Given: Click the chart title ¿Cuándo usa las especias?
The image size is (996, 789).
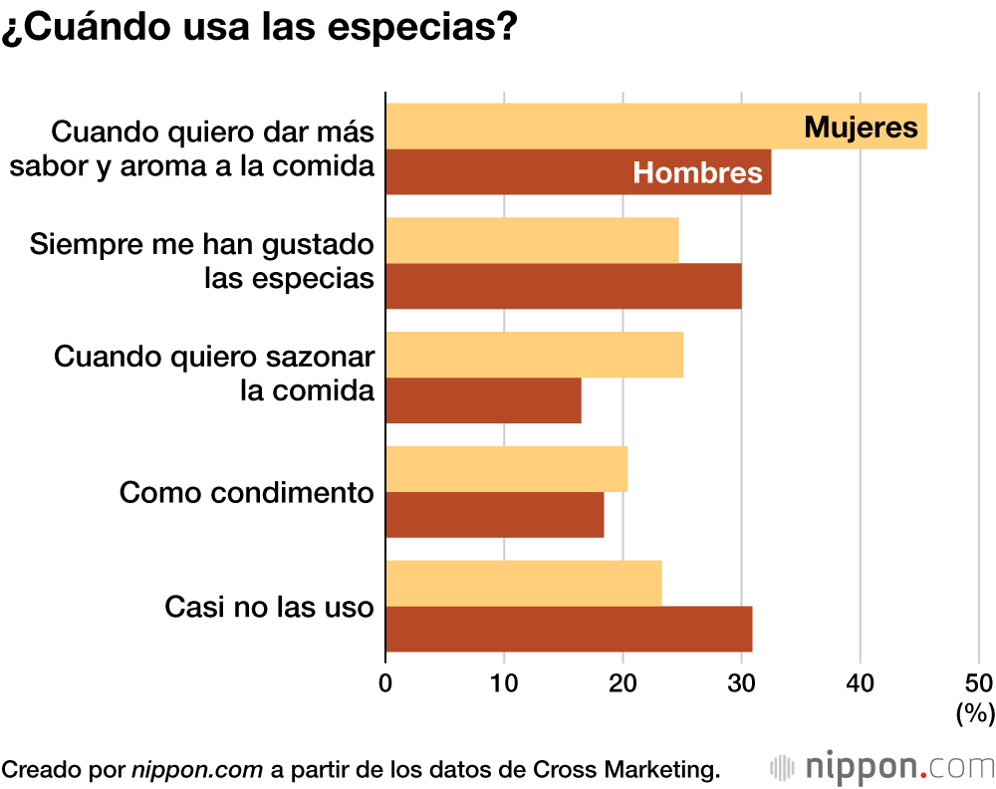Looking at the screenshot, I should [x=258, y=26].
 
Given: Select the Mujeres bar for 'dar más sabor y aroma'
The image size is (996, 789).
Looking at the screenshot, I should [x=598, y=127].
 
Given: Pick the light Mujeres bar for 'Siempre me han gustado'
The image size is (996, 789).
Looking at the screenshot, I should [x=532, y=240].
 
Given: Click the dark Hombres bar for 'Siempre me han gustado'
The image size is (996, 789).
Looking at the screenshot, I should [x=563, y=287].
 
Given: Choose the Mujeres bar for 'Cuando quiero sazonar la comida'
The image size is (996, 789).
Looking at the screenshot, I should [x=534, y=355].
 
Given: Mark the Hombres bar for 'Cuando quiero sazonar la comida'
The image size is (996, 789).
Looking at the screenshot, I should [x=483, y=400].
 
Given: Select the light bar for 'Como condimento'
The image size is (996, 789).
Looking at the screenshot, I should [x=506, y=469].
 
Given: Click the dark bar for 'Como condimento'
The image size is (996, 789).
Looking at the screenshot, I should [x=494, y=515].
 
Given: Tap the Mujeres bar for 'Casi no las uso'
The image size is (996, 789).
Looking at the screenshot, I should [x=523, y=584].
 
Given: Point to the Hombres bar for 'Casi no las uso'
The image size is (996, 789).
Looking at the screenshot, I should [x=569, y=630].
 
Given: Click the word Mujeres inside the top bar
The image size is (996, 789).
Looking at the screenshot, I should [x=861, y=128].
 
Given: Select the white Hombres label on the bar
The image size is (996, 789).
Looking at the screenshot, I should [x=697, y=173].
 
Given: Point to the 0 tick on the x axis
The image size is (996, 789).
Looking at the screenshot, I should [x=385, y=682].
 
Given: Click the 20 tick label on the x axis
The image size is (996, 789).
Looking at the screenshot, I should [x=622, y=682].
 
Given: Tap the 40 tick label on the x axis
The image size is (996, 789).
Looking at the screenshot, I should [x=860, y=682].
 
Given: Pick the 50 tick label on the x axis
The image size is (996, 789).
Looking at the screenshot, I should [x=978, y=682].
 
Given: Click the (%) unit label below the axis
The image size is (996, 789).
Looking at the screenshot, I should [x=974, y=712].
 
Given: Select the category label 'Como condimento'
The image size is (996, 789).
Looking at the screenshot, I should [x=247, y=492].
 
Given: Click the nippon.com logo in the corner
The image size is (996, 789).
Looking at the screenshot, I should [x=882, y=767].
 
